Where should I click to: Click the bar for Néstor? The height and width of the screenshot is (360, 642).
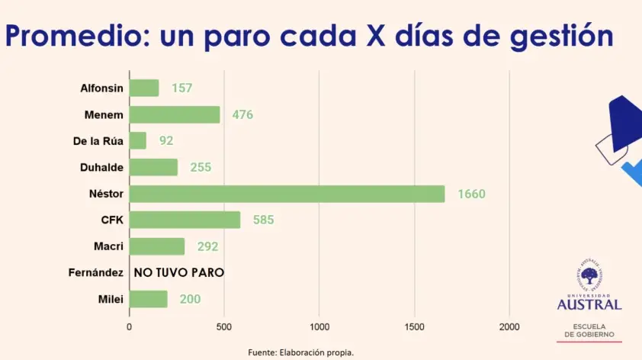287,194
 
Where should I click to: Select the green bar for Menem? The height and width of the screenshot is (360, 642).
175,114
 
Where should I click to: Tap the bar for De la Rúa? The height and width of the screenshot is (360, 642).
138,140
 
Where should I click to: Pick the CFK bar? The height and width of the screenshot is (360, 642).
185,220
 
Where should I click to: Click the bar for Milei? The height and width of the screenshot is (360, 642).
148,299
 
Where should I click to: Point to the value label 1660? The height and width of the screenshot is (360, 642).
471,194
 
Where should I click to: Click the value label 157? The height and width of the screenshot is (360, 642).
181,88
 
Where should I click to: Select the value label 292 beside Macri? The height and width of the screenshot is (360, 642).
207,246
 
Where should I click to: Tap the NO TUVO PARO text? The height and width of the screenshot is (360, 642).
178,272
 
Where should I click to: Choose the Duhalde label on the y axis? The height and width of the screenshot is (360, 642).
101,167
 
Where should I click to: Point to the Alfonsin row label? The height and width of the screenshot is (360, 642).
101,88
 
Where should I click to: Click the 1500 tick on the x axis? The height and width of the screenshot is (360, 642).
414,326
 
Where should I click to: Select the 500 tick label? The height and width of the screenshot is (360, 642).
224,326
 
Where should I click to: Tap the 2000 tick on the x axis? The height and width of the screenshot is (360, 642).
509,326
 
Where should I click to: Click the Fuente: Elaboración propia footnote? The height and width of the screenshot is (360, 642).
301,352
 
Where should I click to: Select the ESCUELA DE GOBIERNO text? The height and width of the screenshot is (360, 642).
589,329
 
